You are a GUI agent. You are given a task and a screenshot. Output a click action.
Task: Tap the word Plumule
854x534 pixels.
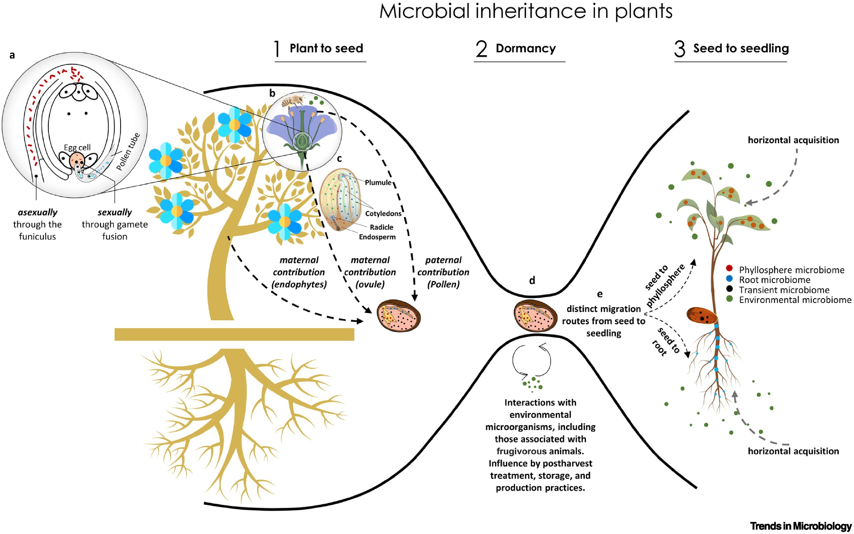point(378,182)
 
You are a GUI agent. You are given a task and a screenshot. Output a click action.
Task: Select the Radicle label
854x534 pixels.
point(381,227)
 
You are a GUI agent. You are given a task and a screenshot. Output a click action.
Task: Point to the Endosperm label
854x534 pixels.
point(377,237)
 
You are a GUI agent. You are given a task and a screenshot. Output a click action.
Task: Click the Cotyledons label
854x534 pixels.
point(383,214)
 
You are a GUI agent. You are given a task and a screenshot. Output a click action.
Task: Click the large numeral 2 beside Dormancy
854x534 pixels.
point(481,49)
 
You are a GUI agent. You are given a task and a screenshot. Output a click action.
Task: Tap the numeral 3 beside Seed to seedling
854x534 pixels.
point(680,49)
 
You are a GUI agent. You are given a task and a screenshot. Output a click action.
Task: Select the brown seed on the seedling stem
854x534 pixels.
point(702,316)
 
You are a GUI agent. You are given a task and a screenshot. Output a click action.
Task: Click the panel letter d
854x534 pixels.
point(532,280)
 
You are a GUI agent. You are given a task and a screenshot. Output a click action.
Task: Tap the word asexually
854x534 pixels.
point(37,212)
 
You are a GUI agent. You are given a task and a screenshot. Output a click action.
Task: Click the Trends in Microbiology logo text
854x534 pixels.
point(801,526)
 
